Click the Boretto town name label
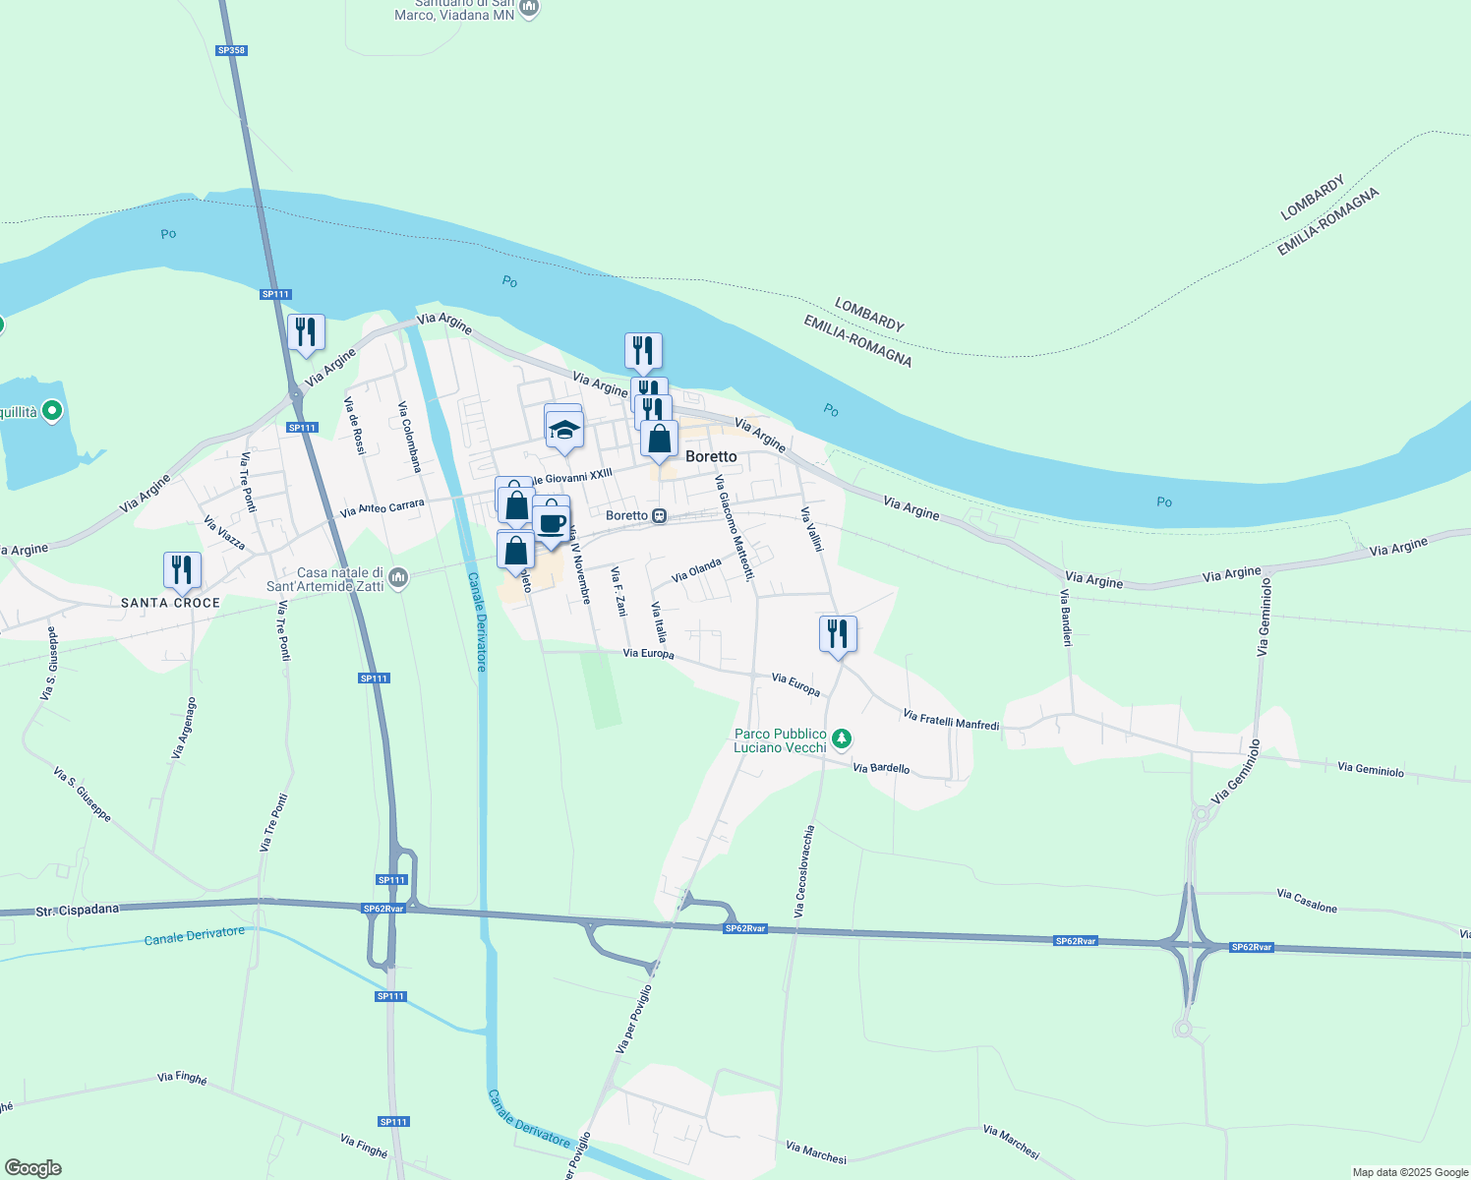click(x=711, y=456)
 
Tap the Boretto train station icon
click(x=660, y=515)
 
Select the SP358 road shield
click(x=231, y=50)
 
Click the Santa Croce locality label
click(x=170, y=603)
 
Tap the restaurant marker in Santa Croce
click(x=182, y=569)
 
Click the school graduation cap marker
click(x=564, y=430)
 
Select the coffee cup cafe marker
click(x=553, y=522)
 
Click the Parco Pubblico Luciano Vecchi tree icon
click(x=841, y=737)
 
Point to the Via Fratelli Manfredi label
click(x=950, y=721)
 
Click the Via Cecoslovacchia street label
click(x=804, y=871)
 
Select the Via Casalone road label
click(x=1306, y=901)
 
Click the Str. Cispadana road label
click(x=77, y=911)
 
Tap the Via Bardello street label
click(x=881, y=768)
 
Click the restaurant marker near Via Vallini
click(x=838, y=632)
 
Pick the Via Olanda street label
click(x=696, y=569)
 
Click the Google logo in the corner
click(x=32, y=1168)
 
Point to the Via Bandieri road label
click(x=1066, y=618)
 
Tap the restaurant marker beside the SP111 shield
click(x=306, y=331)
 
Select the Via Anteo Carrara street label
click(x=382, y=508)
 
